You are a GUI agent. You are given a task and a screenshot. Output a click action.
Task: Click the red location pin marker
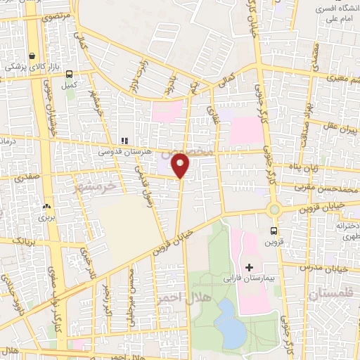coord(181,165)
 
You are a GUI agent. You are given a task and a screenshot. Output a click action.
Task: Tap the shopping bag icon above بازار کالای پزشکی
coord(32,57)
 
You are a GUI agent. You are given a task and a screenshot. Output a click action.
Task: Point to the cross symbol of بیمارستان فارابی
coord(250,267)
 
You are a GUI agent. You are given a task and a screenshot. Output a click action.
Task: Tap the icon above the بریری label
coord(46,207)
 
